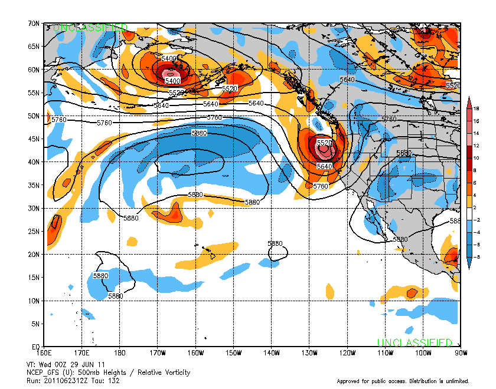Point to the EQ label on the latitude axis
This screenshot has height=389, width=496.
coord(35,347)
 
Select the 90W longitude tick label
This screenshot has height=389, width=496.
coord(461,352)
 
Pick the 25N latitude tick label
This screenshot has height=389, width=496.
coord(34,232)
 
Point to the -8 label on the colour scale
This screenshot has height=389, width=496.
coord(475,257)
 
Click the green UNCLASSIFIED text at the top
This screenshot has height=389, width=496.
coord(90,28)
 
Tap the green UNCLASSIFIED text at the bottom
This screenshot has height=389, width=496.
coord(415,342)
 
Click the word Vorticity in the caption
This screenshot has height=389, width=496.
coord(174,372)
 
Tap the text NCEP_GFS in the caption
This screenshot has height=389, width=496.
coord(43,372)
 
